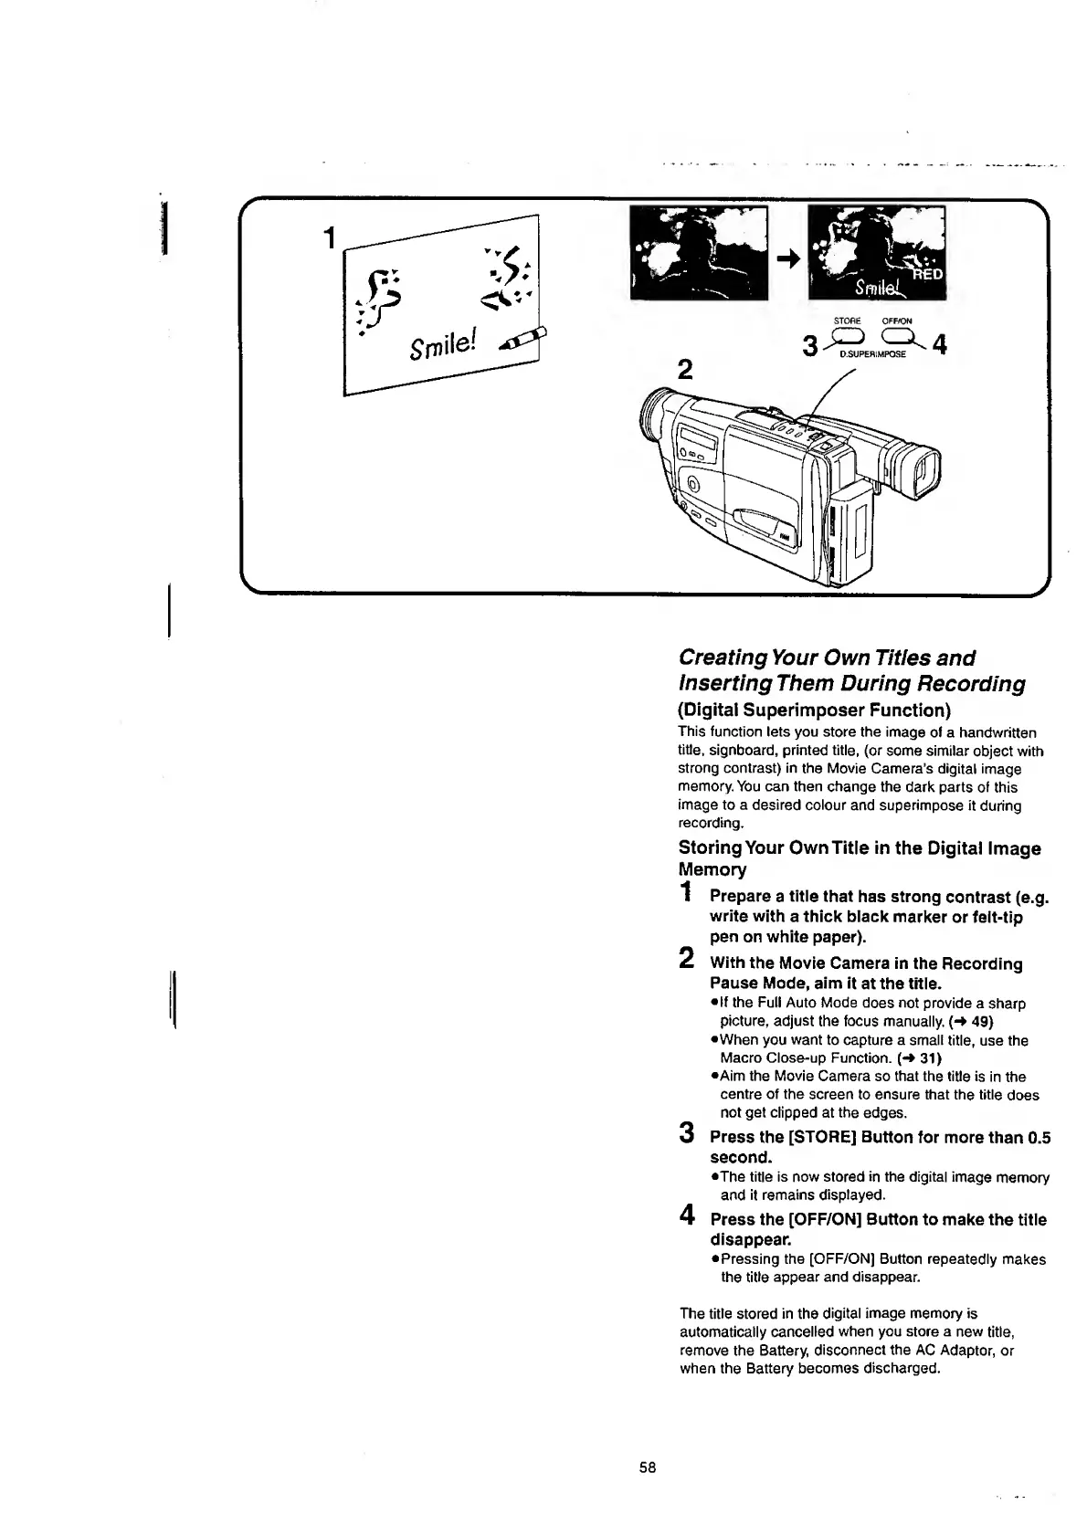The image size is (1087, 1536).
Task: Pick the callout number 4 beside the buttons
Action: pyautogui.click(x=942, y=346)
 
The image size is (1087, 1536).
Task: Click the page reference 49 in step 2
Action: pyautogui.click(x=982, y=1020)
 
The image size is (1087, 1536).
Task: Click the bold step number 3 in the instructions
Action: pyautogui.click(x=687, y=1134)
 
